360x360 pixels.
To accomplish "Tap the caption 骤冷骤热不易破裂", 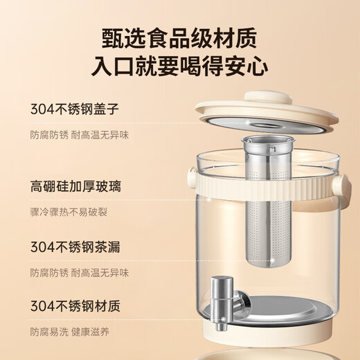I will pos(68,211).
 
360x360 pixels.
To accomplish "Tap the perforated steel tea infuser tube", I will pos(268,208).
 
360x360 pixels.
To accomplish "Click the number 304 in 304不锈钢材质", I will pos(42,306).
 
